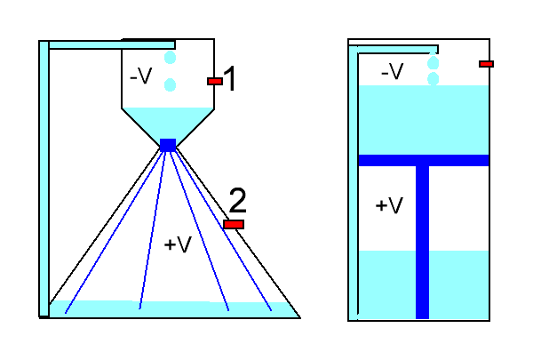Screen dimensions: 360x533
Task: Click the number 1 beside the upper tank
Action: (230, 79)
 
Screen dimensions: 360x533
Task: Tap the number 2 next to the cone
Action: (237, 199)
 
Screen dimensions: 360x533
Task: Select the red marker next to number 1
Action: (215, 81)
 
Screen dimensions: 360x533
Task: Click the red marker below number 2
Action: (234, 224)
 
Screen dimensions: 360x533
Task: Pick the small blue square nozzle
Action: (168, 145)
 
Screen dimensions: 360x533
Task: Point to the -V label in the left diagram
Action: (141, 77)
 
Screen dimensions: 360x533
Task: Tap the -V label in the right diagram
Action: (392, 71)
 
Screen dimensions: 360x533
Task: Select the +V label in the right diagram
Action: (389, 205)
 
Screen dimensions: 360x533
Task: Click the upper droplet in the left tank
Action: (171, 58)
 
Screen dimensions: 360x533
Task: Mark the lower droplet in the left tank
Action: (171, 84)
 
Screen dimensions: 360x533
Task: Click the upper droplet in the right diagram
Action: (434, 62)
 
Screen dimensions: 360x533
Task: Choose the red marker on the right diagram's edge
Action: (486, 63)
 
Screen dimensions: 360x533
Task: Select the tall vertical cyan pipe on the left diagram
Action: (44, 178)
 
